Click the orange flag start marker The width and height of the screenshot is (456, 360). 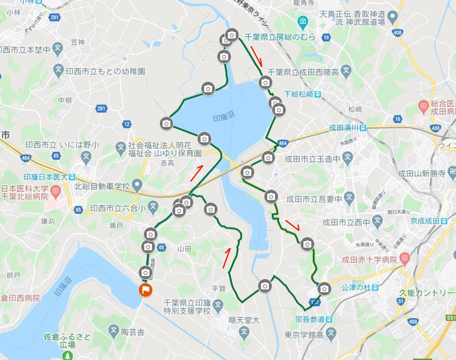click(x=146, y=290)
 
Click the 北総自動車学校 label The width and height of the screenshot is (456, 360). click(x=103, y=185)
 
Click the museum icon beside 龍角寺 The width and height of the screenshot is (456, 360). click(x=303, y=22)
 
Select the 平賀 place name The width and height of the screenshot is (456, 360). click(x=219, y=288)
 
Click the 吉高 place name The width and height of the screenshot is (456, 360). click(x=168, y=164)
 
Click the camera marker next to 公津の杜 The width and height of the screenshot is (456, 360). click(x=324, y=288)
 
